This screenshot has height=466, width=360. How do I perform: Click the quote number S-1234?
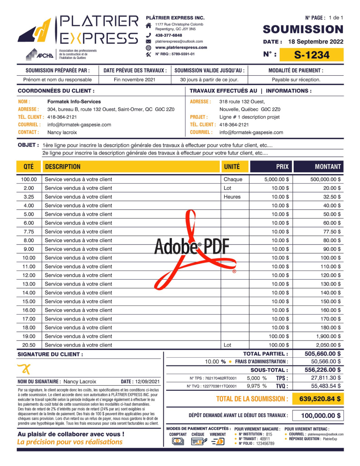311,55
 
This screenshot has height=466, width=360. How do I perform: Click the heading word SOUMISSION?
303,29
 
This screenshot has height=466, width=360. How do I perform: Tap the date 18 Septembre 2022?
315,42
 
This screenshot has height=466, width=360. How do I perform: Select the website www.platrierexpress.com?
181,48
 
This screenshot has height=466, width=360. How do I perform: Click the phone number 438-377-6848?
169,35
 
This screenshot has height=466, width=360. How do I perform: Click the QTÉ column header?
29,167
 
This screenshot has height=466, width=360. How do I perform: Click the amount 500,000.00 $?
326,180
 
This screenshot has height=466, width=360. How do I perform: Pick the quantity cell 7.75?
29,232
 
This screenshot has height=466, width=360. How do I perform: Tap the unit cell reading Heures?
232,197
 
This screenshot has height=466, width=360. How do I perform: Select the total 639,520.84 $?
321,399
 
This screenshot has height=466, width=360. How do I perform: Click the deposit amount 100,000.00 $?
321,416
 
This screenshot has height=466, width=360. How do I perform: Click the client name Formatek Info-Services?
74,102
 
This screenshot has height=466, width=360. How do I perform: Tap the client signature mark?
23,369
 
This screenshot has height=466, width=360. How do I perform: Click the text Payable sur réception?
296,80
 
